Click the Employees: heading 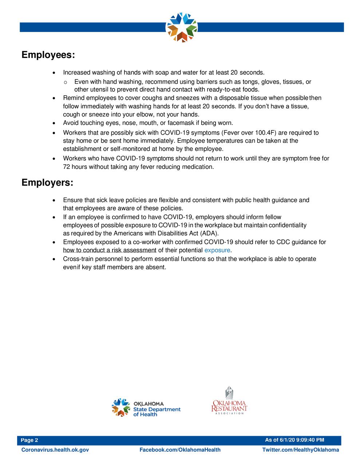coord(48,55)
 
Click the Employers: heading coord(47,182)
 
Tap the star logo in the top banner coord(181,27)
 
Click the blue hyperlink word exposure coord(217,250)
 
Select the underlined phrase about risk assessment coord(110,250)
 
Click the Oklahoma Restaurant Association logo coord(229,401)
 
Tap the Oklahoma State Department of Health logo coord(146,408)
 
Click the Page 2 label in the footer coord(29,440)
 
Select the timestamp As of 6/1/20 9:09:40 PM coord(294,440)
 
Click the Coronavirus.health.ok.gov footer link coord(55,450)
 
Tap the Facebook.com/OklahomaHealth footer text coord(180,450)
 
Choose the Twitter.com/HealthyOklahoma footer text coord(300,450)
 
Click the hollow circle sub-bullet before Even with coord(65,82)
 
